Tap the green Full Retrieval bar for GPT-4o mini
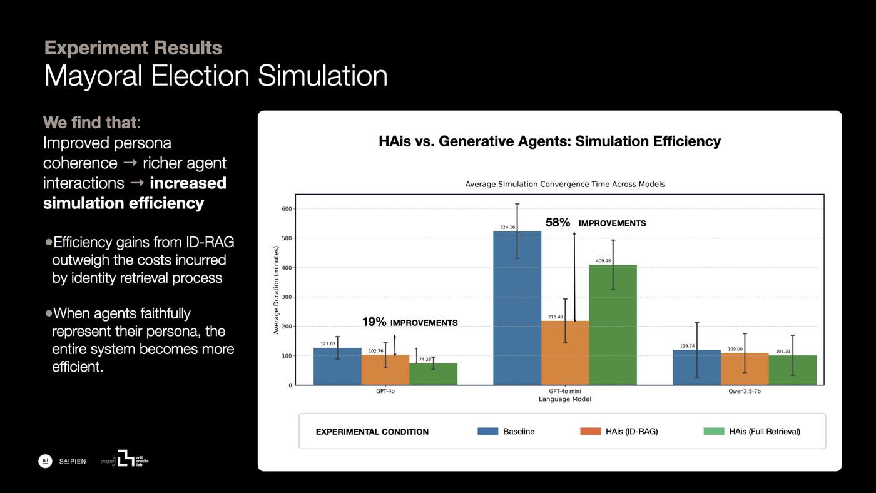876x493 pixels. coord(613,325)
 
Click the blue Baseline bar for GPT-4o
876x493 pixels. coord(337,367)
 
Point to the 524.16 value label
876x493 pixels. coord(507,227)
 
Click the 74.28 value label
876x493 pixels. coord(424,359)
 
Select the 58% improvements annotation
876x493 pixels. coord(595,223)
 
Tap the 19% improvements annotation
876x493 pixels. coord(409,322)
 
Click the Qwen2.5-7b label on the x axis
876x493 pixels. coord(744,391)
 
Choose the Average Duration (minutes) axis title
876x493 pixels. coord(276,290)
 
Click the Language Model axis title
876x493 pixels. coord(564,399)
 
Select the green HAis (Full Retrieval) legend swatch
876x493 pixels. coord(714,431)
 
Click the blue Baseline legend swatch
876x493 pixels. coord(487,431)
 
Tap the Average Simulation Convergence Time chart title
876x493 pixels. coord(564,184)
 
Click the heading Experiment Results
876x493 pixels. coord(133,48)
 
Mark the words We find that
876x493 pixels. coord(91,122)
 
